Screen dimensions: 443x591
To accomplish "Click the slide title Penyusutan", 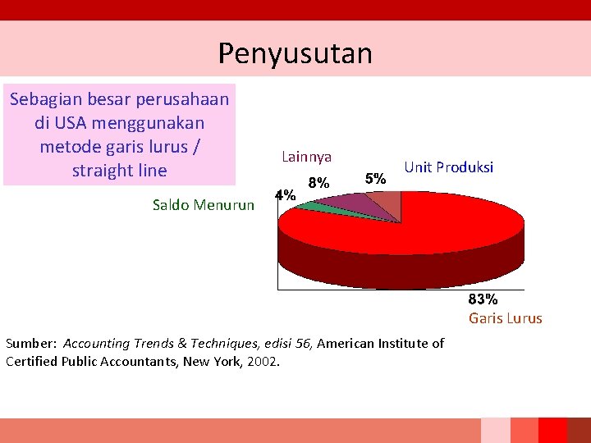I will [295, 53].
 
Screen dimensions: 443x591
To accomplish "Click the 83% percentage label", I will [483, 299].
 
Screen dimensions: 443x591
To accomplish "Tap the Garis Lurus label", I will [505, 318].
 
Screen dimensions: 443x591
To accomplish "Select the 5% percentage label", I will [375, 178].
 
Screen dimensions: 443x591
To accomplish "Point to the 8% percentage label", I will [318, 182].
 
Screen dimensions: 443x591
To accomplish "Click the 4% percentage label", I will [285, 196].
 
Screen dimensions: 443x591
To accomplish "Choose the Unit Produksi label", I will [448, 167].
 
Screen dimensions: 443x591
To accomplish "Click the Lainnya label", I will [306, 156].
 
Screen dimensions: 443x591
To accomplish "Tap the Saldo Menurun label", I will [204, 205].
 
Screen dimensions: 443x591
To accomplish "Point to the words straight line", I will [120, 171].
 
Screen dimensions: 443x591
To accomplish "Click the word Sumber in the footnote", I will [30, 344].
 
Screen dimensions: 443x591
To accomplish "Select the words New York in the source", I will [213, 361].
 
